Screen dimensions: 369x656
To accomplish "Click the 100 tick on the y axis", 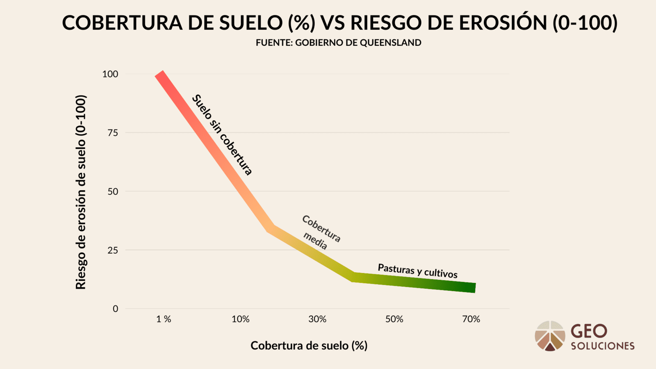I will coord(110,74).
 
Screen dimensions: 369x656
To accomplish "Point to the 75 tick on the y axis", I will coord(113,133).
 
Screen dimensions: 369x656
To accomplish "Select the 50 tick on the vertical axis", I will coord(113,191).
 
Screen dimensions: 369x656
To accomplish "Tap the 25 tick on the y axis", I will coord(113,250).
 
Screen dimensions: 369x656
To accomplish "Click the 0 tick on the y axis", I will coord(115,309).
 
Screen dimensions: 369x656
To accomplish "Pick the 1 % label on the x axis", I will coord(164,319).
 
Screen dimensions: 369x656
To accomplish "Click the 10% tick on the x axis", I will coord(240,319).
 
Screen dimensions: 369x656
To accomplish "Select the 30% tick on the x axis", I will coord(317,319).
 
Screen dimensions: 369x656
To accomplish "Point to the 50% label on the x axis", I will coord(394,319).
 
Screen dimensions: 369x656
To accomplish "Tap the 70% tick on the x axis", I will coord(471,319).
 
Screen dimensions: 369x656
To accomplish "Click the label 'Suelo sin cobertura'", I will coord(222,135).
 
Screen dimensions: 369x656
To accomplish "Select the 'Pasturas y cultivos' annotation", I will coord(417,271).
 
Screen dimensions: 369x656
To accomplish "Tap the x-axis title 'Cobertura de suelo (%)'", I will coord(309,346).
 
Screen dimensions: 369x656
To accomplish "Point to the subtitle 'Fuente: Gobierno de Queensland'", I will coord(338,43).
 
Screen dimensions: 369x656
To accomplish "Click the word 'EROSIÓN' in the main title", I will coord(503,23).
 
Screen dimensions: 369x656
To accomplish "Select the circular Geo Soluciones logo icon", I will coord(550,336).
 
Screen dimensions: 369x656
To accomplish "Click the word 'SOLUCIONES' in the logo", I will coord(603,346).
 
